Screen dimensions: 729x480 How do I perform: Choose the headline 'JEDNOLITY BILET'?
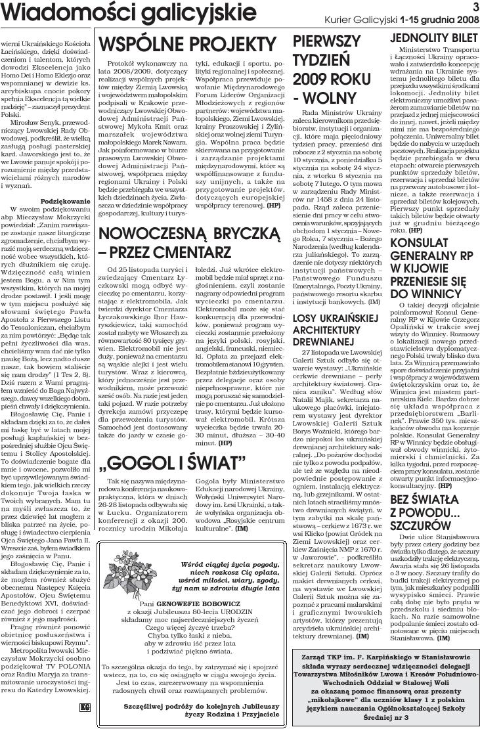(x=435, y=38)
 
